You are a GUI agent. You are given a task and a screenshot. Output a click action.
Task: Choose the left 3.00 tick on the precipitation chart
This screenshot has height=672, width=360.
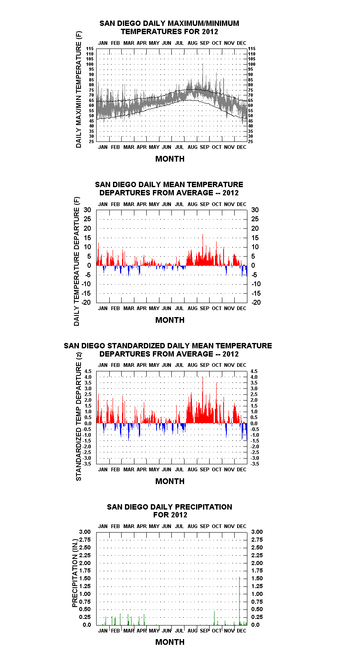tap(85, 532)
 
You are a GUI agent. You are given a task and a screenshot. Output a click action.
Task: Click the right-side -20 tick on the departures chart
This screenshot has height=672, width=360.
tap(256, 302)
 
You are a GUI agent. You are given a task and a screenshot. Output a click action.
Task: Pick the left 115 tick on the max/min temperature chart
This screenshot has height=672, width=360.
tap(90, 49)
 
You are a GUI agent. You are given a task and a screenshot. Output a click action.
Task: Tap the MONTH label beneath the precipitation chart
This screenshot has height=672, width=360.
tap(170, 642)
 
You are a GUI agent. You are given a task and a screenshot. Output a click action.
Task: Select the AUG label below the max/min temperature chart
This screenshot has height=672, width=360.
tap(192, 147)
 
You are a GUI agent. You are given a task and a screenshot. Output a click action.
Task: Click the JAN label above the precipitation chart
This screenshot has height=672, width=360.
tap(103, 526)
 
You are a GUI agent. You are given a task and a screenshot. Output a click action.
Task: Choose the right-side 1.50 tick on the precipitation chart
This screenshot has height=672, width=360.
tap(257, 578)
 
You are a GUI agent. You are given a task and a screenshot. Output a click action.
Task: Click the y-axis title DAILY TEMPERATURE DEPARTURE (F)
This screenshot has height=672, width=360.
tap(77, 261)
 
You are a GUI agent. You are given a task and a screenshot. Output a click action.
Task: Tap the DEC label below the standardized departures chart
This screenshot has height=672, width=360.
tap(242, 470)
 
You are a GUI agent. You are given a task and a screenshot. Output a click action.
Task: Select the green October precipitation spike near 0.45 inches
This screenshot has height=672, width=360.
tap(214, 618)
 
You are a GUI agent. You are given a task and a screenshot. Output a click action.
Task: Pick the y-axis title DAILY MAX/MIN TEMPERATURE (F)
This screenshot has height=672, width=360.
tap(78, 89)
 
